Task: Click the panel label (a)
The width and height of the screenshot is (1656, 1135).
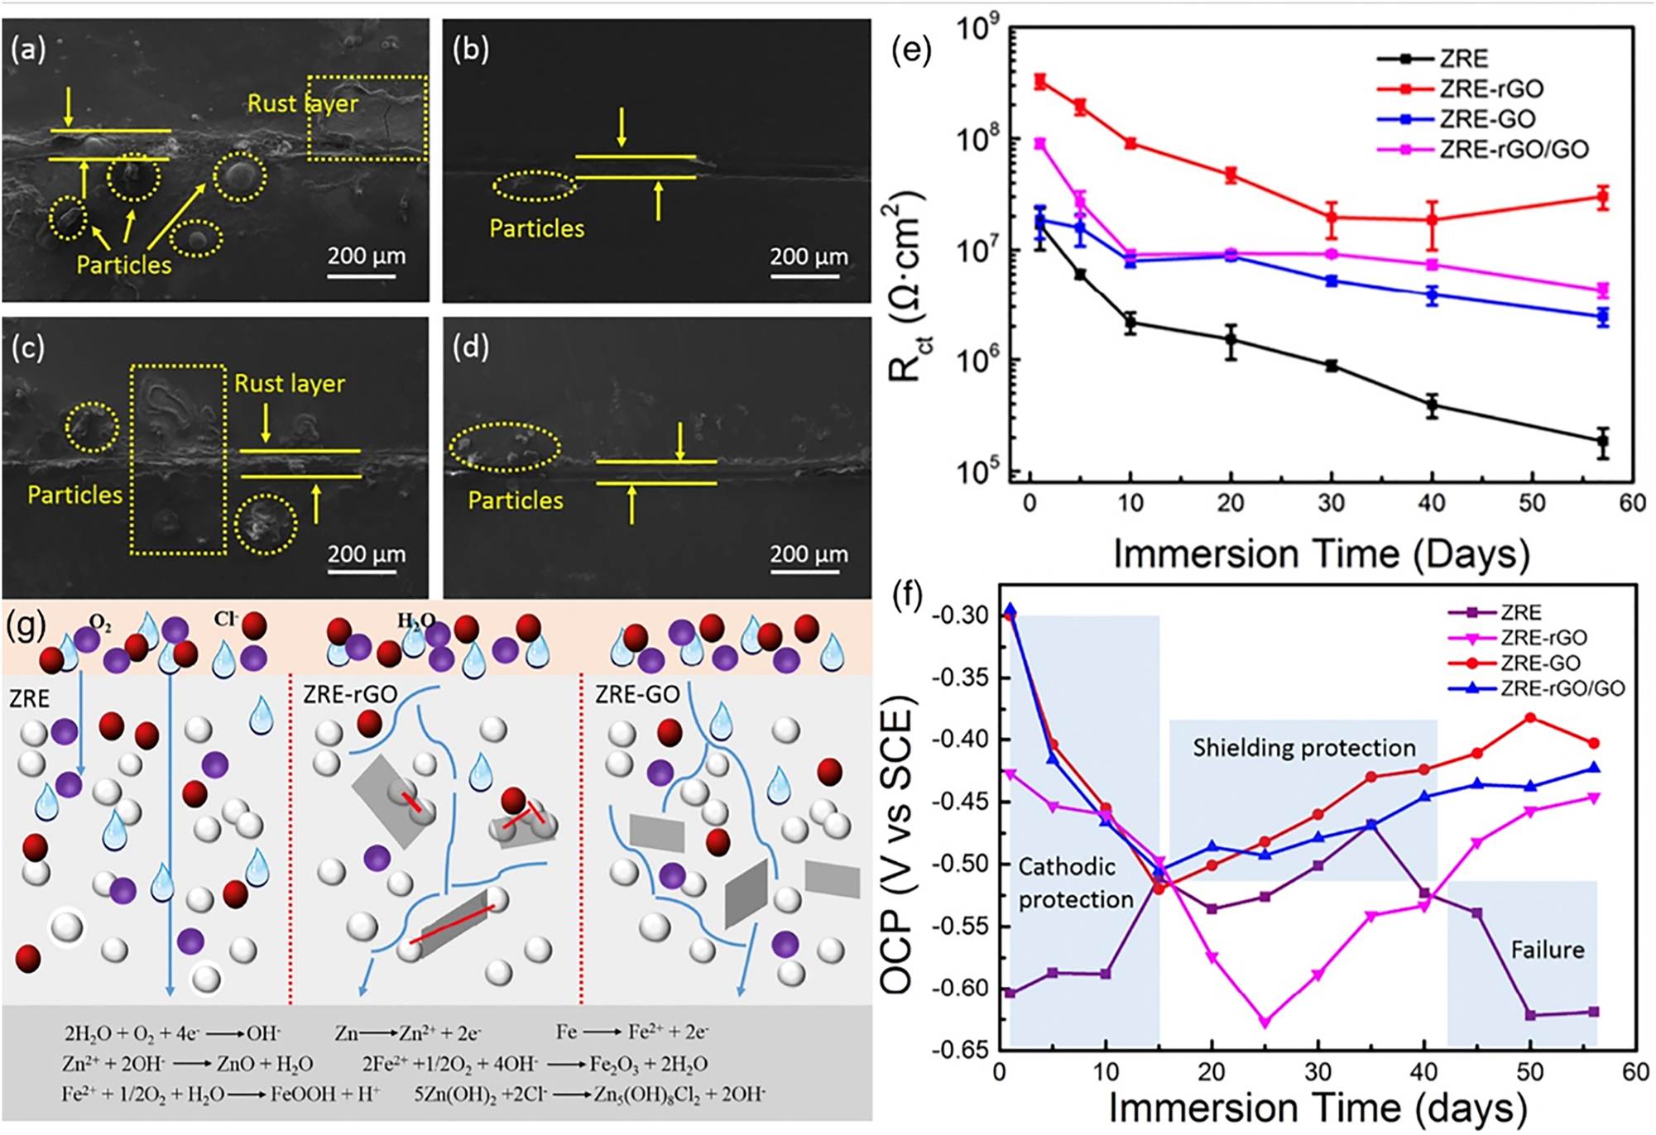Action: (27, 50)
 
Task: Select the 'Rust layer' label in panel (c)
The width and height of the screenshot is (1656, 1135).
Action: (290, 383)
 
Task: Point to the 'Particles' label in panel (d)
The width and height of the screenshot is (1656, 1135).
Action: (516, 500)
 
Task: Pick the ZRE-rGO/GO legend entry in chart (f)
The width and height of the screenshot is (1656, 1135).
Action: (1562, 687)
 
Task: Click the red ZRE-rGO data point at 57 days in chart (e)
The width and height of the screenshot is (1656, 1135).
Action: (1603, 197)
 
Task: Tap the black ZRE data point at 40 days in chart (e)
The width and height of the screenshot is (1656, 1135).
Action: (1432, 405)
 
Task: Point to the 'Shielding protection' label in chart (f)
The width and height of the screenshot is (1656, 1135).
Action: (1303, 748)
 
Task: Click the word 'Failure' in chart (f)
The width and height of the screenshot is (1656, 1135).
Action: (1547, 950)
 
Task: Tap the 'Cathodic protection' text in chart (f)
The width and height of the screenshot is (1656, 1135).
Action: (1074, 883)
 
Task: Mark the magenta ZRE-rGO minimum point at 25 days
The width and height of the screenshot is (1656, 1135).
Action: (1265, 1022)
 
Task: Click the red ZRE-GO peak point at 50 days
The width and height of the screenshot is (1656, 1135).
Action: (1530, 718)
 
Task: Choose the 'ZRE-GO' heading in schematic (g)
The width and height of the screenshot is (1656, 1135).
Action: (637, 695)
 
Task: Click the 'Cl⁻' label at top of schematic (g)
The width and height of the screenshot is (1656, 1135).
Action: (225, 619)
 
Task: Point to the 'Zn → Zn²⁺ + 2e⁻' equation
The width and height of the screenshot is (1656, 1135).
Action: (408, 1032)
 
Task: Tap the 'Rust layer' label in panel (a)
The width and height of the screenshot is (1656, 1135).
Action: (303, 103)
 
